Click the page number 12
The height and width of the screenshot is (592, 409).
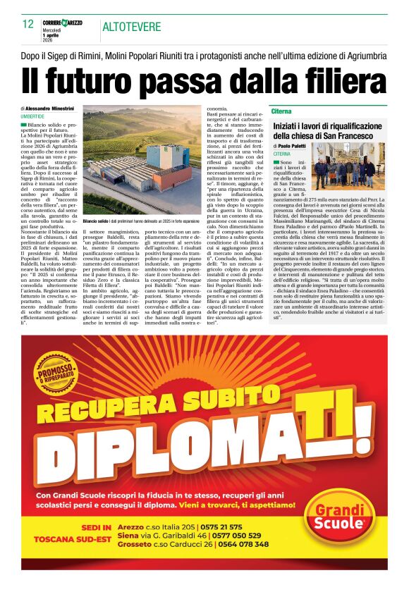pyautogui.click(x=28, y=25)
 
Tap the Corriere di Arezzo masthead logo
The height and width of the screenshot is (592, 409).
pyautogui.click(x=62, y=23)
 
